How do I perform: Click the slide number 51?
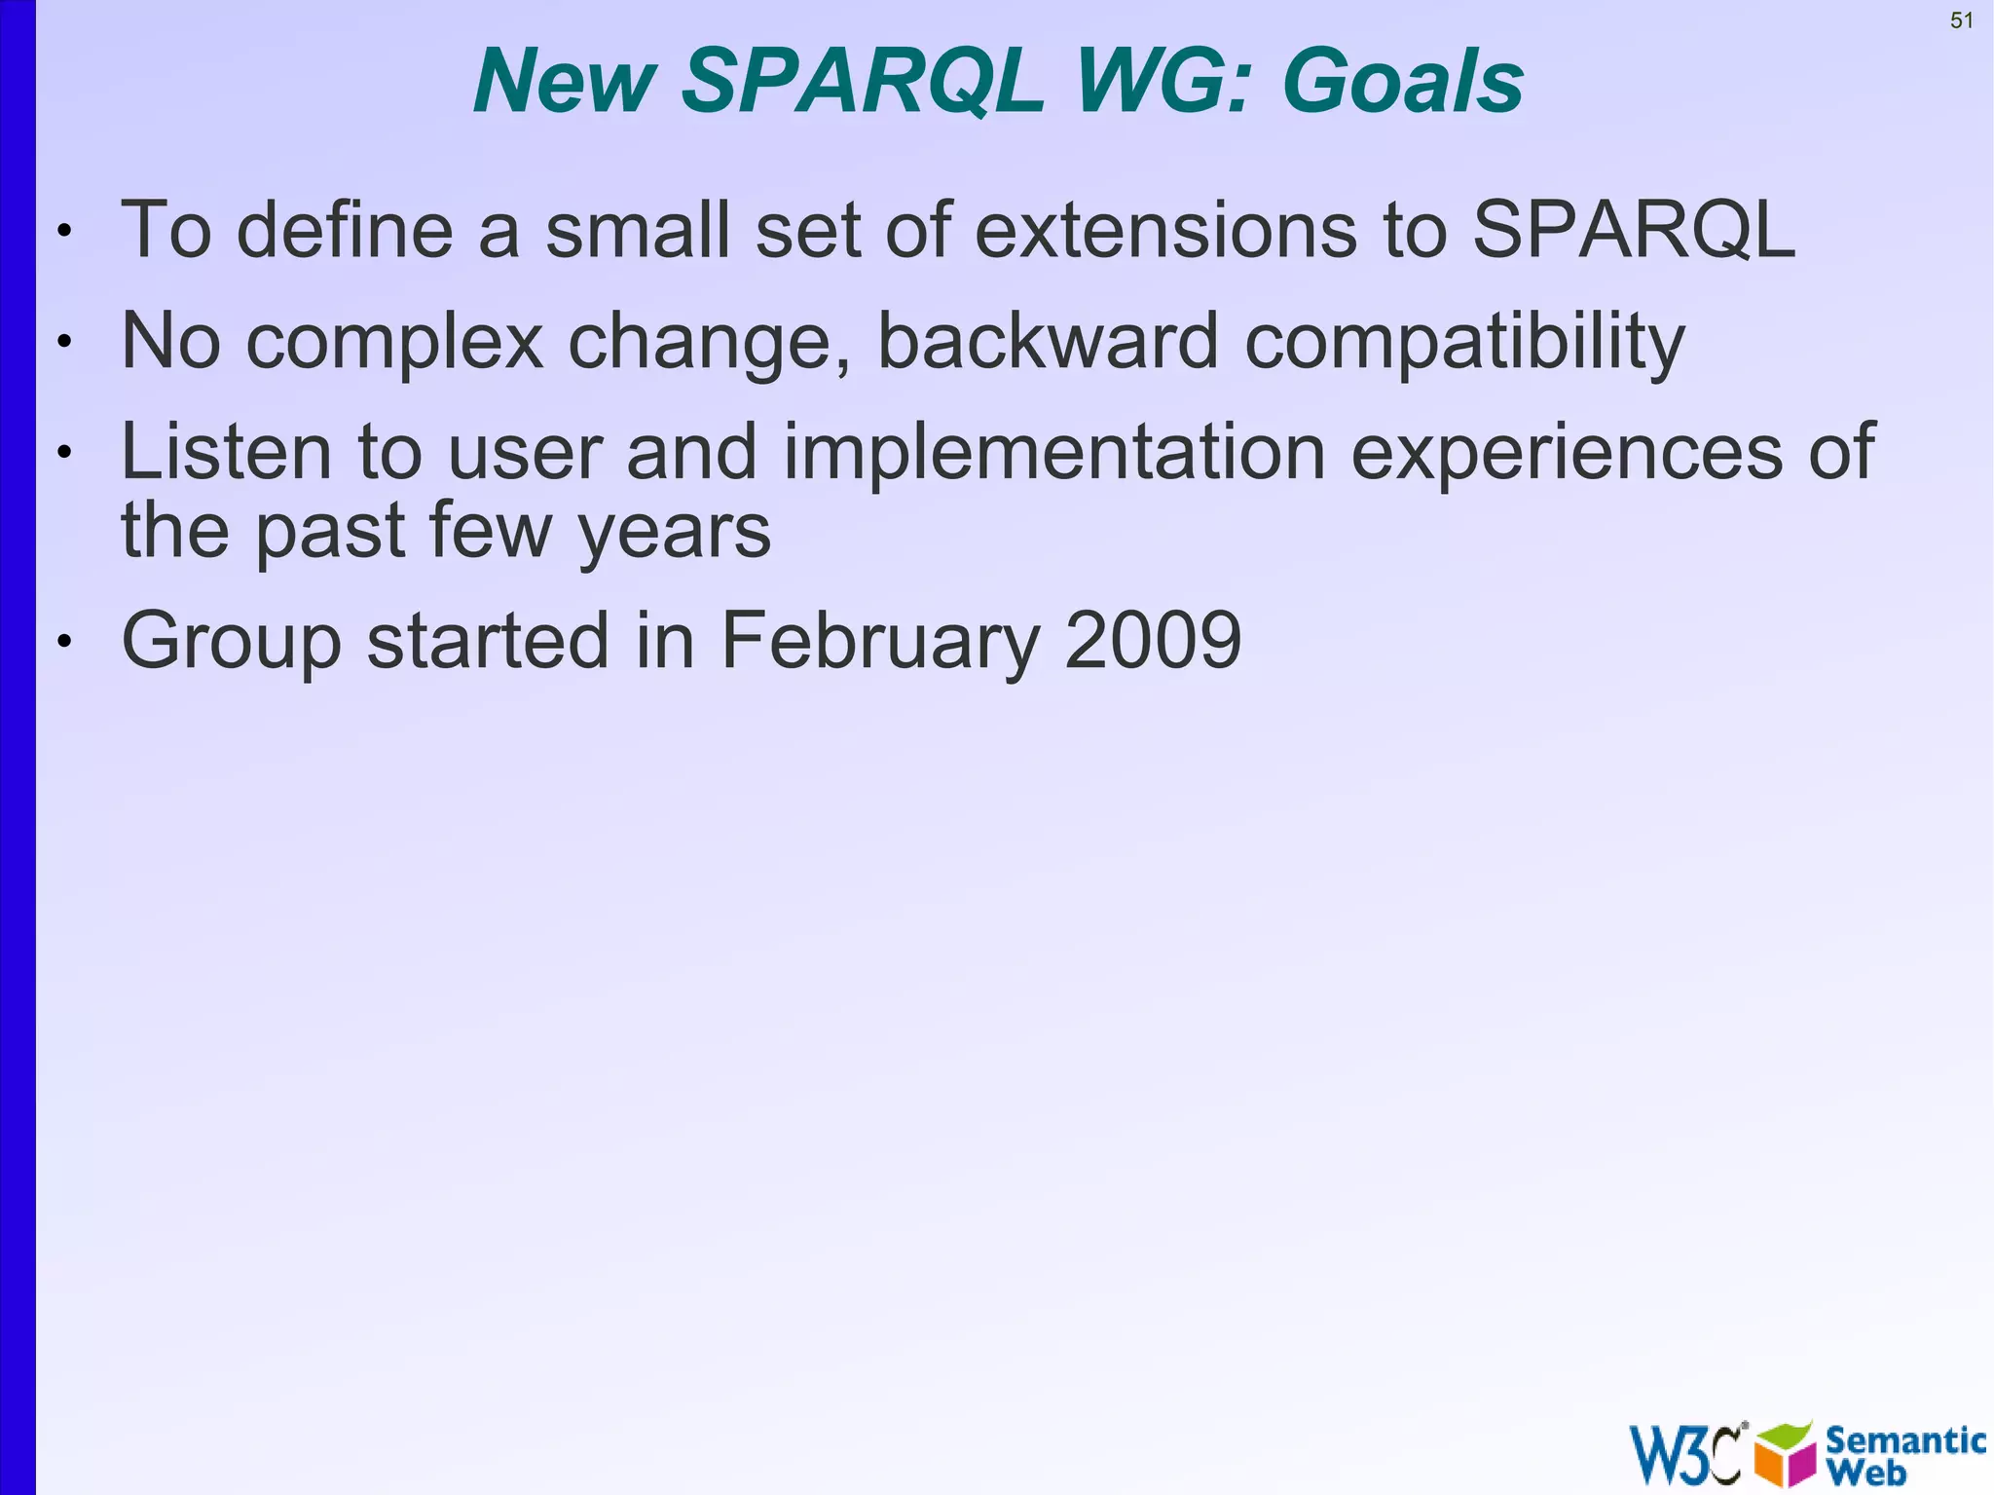pos(1961,20)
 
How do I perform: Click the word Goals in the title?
pos(1403,81)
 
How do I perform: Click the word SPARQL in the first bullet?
pos(1633,230)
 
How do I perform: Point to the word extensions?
pos(1164,230)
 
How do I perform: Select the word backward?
pos(1048,341)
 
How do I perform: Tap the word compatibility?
pos(1464,343)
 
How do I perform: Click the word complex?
pos(394,343)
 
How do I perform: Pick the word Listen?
pos(226,452)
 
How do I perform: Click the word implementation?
pos(1053,454)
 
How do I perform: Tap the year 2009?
pos(1153,641)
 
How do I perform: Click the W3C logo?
pos(1685,1454)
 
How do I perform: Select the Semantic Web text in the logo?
pos(1903,1454)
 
